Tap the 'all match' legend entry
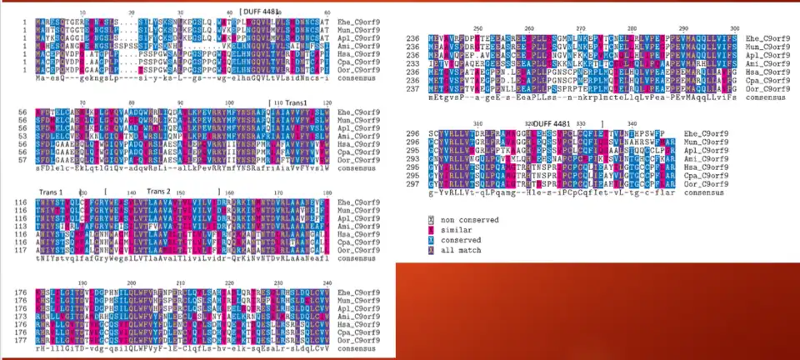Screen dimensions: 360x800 pyautogui.click(x=455, y=250)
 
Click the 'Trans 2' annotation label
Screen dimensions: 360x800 pyautogui.click(x=158, y=191)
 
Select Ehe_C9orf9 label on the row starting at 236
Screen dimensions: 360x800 pyautogui.click(x=744, y=37)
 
